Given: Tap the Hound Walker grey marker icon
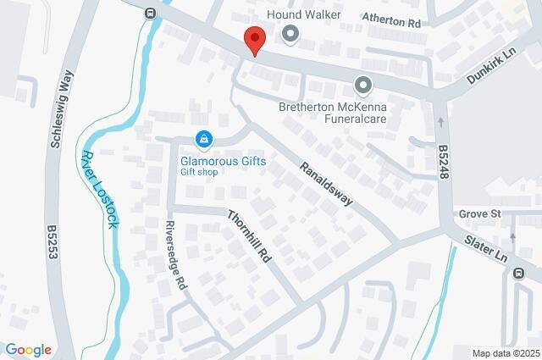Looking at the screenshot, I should click(x=290, y=35).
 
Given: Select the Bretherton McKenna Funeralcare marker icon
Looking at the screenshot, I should click(x=363, y=86).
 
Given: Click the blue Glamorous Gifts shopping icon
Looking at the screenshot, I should click(x=203, y=138).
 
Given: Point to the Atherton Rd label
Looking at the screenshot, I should click(x=391, y=22).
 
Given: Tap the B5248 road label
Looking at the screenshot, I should click(x=443, y=161).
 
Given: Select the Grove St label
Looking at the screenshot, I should click(x=480, y=213).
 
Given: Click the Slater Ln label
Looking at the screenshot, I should click(x=486, y=247).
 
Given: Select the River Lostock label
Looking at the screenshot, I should click(x=102, y=188).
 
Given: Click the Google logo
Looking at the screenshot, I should click(x=28, y=350).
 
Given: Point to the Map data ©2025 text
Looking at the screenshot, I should click(x=506, y=353).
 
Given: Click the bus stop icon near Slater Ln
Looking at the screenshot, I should click(x=517, y=272).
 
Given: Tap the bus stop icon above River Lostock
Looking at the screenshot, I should click(x=150, y=13).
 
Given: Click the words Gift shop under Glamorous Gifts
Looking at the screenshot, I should click(x=199, y=172).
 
